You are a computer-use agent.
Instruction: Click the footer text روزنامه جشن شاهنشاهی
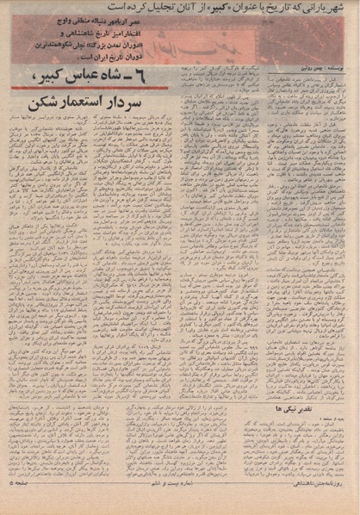point(316,506)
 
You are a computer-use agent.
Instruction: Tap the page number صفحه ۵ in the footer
point(22,506)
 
